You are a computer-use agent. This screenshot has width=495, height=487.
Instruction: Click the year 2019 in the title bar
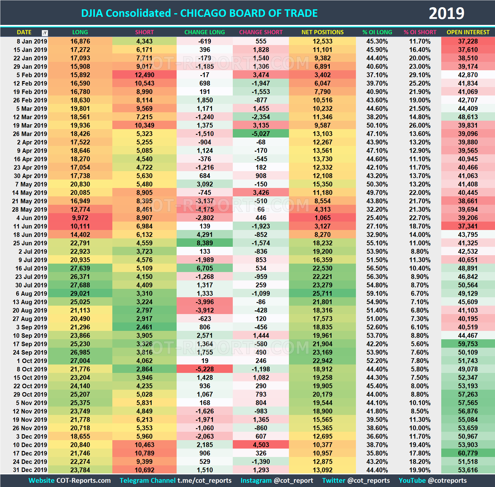[446, 13]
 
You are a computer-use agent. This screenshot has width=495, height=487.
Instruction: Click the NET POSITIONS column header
[322, 32]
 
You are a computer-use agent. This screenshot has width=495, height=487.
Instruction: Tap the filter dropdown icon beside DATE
[45, 33]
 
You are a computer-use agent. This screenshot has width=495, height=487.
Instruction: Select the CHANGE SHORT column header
[261, 32]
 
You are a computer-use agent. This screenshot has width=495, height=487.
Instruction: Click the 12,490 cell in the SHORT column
[144, 75]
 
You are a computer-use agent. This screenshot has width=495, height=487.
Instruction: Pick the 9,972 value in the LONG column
[80, 218]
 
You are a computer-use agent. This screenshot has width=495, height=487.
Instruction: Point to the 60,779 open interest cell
[468, 453]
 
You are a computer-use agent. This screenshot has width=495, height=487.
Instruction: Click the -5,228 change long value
[205, 369]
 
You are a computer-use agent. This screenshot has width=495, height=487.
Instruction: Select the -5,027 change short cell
[261, 134]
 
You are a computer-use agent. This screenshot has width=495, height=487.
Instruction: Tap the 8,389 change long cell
[205, 243]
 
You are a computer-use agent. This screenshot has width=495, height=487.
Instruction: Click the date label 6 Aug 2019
[31, 294]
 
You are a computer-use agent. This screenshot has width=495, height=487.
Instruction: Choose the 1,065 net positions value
[322, 218]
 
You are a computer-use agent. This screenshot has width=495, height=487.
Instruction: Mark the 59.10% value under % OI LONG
[377, 294]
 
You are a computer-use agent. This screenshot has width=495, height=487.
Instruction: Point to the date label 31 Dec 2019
[30, 470]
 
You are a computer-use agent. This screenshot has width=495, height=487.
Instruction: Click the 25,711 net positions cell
[322, 294]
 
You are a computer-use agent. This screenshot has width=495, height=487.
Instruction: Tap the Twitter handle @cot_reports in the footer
[368, 481]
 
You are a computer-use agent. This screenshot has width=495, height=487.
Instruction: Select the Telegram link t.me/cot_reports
[204, 481]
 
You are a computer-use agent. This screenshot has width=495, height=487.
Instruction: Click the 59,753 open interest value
[468, 344]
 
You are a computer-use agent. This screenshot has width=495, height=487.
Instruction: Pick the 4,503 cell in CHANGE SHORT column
[261, 445]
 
